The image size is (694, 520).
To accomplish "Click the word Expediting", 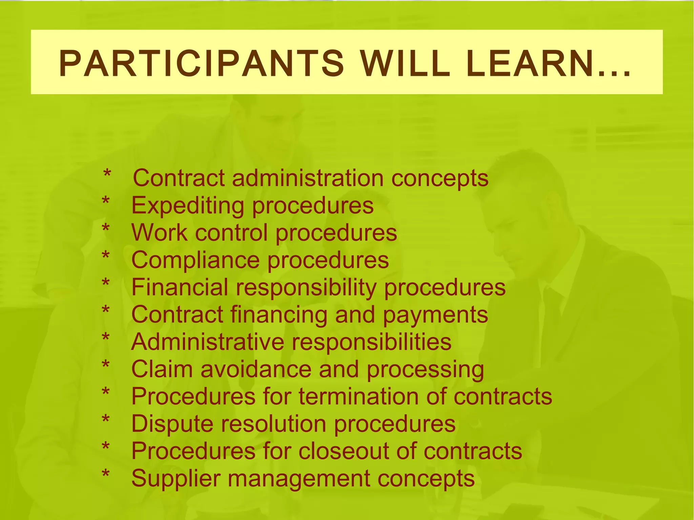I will [187, 206].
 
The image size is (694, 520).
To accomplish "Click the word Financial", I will [179, 287].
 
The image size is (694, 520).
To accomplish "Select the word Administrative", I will [207, 342].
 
